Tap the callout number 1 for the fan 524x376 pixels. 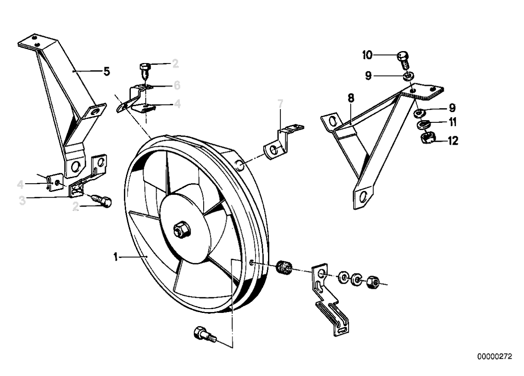coord(115,257)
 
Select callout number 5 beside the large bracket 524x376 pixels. coord(107,71)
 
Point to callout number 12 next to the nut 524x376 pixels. coord(453,141)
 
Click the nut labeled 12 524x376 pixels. coord(427,138)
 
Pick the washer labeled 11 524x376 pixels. coord(424,124)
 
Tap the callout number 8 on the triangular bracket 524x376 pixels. coord(351,99)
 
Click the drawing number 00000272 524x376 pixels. coord(494,357)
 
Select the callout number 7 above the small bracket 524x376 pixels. coord(280,103)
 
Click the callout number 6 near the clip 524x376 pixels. coord(177,85)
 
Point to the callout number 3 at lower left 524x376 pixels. coord(22,200)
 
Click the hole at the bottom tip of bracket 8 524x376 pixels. coord(363,197)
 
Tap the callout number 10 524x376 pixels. coord(367,55)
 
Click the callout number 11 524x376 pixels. coord(453,122)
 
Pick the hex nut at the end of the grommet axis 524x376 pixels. coord(372,282)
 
